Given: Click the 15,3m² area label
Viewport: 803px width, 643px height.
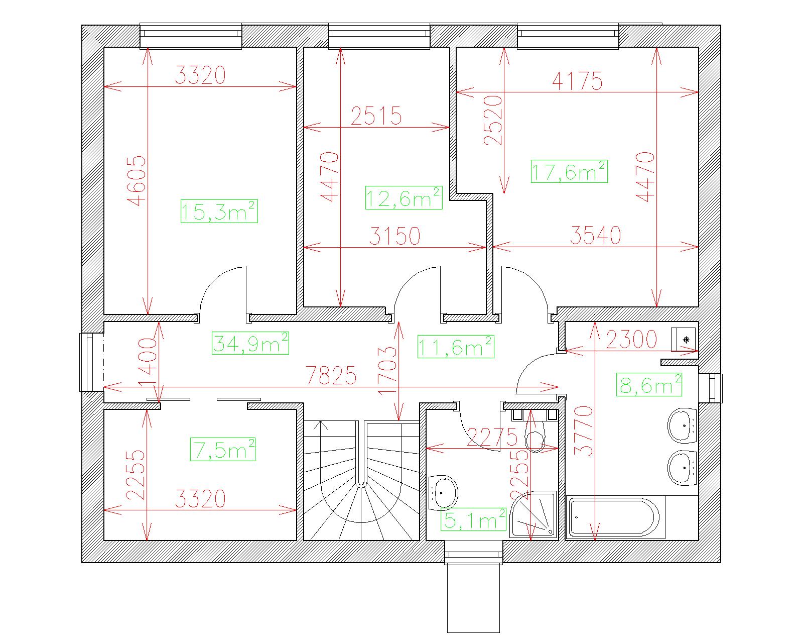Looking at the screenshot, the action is point(219,211).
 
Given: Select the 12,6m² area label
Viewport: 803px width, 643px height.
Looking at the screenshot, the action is point(404,197).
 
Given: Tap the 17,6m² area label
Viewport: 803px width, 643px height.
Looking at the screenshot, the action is point(569,171).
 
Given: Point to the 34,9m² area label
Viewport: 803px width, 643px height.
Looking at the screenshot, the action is point(250,343).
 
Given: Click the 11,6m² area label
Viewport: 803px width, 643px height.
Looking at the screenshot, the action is point(456,346).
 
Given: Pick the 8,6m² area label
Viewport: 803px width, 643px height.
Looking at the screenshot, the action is point(649,384).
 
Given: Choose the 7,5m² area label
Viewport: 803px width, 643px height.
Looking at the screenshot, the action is point(223,449).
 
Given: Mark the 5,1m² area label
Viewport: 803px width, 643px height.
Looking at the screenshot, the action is point(473,519).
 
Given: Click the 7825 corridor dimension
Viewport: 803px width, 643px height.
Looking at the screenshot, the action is point(331,375).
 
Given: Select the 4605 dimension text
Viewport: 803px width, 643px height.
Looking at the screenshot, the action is point(136,180).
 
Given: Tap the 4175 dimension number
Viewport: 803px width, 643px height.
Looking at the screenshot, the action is point(577,81).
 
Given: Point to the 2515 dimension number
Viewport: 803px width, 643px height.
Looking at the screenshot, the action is point(376,116).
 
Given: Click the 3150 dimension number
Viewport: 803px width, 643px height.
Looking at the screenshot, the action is point(395,236).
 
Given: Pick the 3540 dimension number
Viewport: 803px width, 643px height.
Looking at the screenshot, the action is point(596,235).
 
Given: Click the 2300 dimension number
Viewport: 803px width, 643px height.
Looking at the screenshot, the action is point(631,339).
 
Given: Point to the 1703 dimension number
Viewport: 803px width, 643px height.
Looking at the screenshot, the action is point(387,370).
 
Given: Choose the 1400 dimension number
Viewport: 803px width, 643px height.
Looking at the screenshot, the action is point(148,362).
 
